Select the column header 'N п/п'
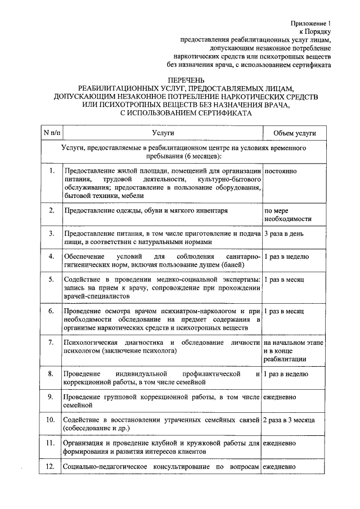51,133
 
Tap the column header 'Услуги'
163,133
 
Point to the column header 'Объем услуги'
294,133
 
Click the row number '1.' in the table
51,170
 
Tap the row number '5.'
51,279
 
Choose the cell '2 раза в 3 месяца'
289,420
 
